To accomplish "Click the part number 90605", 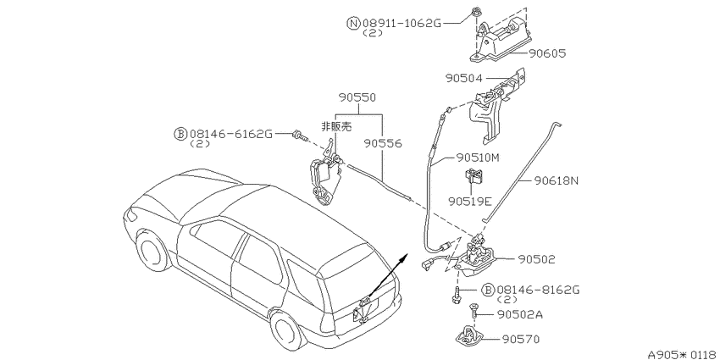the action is click(x=547, y=53).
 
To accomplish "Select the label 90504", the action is click(x=464, y=79).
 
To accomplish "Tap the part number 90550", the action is click(x=357, y=97).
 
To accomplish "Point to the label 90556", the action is click(x=383, y=144).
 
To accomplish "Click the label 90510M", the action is click(x=478, y=158).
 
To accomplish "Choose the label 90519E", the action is click(x=470, y=201).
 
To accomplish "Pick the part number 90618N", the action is click(x=556, y=181).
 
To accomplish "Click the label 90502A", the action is click(x=520, y=314).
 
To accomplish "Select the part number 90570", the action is click(x=521, y=340).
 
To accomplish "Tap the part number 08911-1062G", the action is click(x=402, y=24).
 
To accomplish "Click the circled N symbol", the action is click(x=353, y=24).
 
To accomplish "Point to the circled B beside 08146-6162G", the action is click(x=179, y=134).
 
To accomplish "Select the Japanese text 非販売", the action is click(x=335, y=126).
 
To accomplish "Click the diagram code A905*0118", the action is click(x=684, y=354).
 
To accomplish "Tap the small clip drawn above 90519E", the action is click(x=474, y=177).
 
